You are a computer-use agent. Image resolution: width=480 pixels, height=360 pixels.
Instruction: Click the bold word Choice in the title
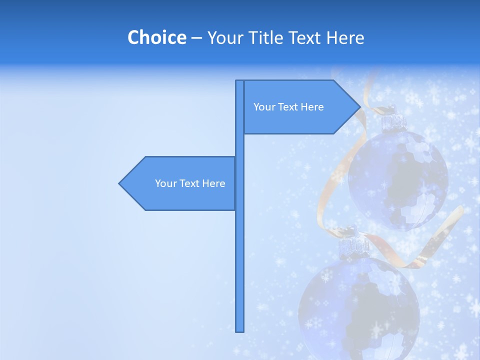click(156, 37)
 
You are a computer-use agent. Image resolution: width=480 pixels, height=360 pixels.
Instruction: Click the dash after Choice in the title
click(196, 38)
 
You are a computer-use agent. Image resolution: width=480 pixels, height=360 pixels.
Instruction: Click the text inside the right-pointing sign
click(288, 107)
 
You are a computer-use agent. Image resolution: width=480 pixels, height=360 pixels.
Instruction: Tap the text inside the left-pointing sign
click(190, 183)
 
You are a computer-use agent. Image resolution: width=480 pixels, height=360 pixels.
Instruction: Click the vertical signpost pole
click(240, 250)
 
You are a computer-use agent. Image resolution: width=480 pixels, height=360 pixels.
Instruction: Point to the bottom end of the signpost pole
click(240, 330)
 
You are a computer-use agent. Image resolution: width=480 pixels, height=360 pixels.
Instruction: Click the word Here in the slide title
click(345, 37)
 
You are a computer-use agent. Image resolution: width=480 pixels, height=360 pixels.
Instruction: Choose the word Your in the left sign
click(165, 183)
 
